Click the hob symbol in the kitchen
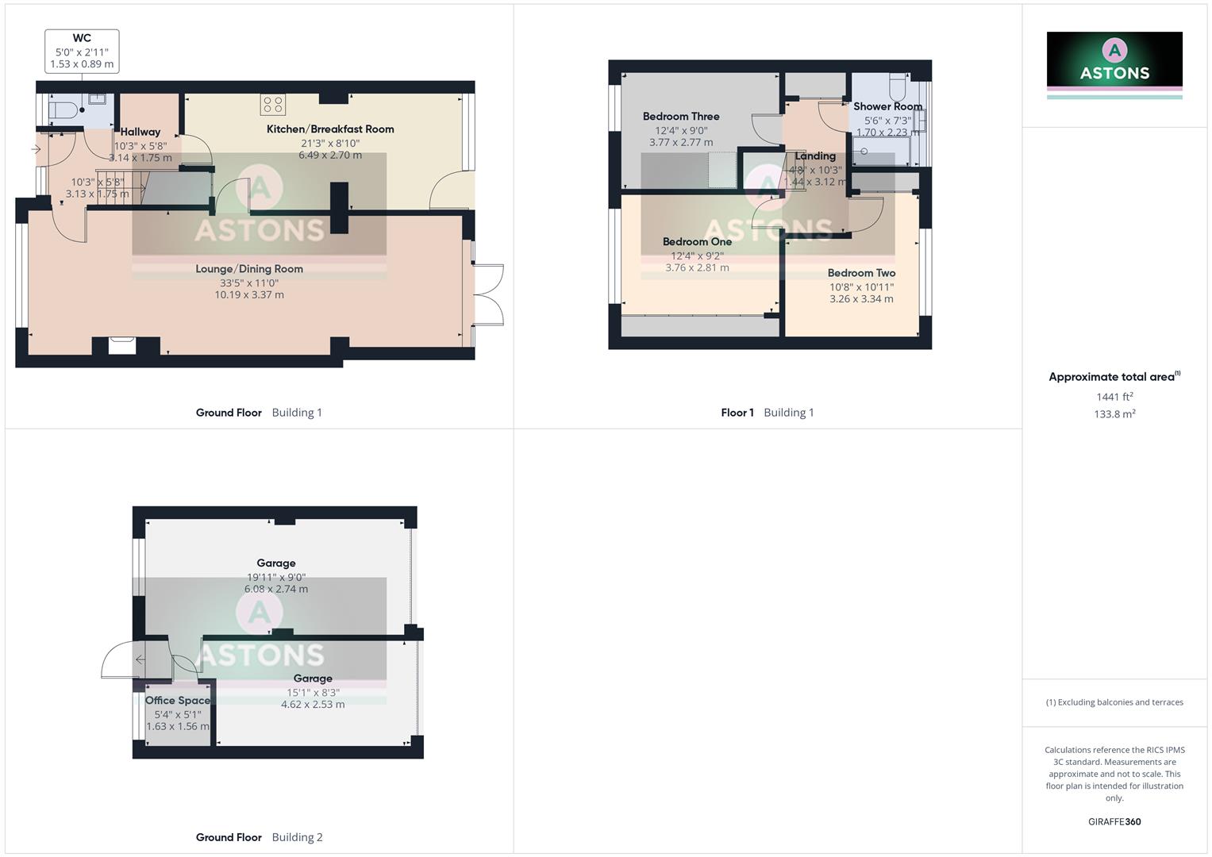click(272, 105)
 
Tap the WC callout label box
click(82, 51)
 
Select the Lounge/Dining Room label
click(249, 269)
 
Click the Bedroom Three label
click(681, 117)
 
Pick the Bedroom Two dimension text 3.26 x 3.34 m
click(861, 299)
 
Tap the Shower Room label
click(887, 106)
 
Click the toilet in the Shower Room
click(898, 84)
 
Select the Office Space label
click(178, 701)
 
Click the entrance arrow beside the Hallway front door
click(36, 149)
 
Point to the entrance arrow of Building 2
click(140, 659)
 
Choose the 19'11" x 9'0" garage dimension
click(275, 577)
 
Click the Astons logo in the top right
click(1114, 63)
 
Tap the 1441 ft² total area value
click(1114, 397)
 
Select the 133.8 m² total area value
click(1114, 414)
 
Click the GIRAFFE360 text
click(1114, 822)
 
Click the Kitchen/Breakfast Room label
click(330, 129)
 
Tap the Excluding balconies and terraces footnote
click(1114, 702)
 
